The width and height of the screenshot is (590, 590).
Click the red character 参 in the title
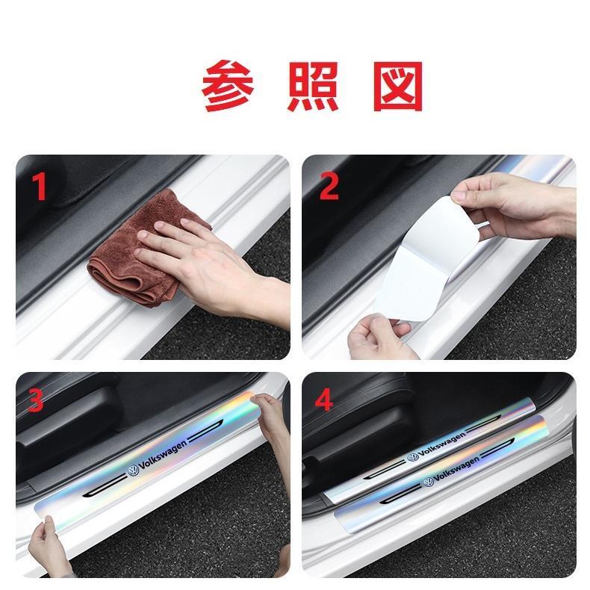click(x=228, y=86)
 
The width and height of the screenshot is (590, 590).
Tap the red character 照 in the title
click(x=313, y=87)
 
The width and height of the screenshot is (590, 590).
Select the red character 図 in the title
click(x=399, y=87)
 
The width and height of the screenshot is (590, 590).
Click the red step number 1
click(x=39, y=187)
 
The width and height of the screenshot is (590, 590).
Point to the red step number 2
click(x=329, y=187)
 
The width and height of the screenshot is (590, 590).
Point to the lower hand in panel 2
click(x=380, y=337)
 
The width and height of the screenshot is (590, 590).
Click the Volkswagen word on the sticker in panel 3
click(x=163, y=456)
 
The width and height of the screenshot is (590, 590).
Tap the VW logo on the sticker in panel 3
click(x=132, y=471)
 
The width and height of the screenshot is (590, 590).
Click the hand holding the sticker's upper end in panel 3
click(x=272, y=417)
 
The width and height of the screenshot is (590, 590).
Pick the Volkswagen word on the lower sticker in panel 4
click(x=457, y=468)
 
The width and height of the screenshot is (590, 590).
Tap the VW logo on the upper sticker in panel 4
click(x=413, y=457)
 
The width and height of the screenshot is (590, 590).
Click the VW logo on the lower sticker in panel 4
click(x=428, y=482)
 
